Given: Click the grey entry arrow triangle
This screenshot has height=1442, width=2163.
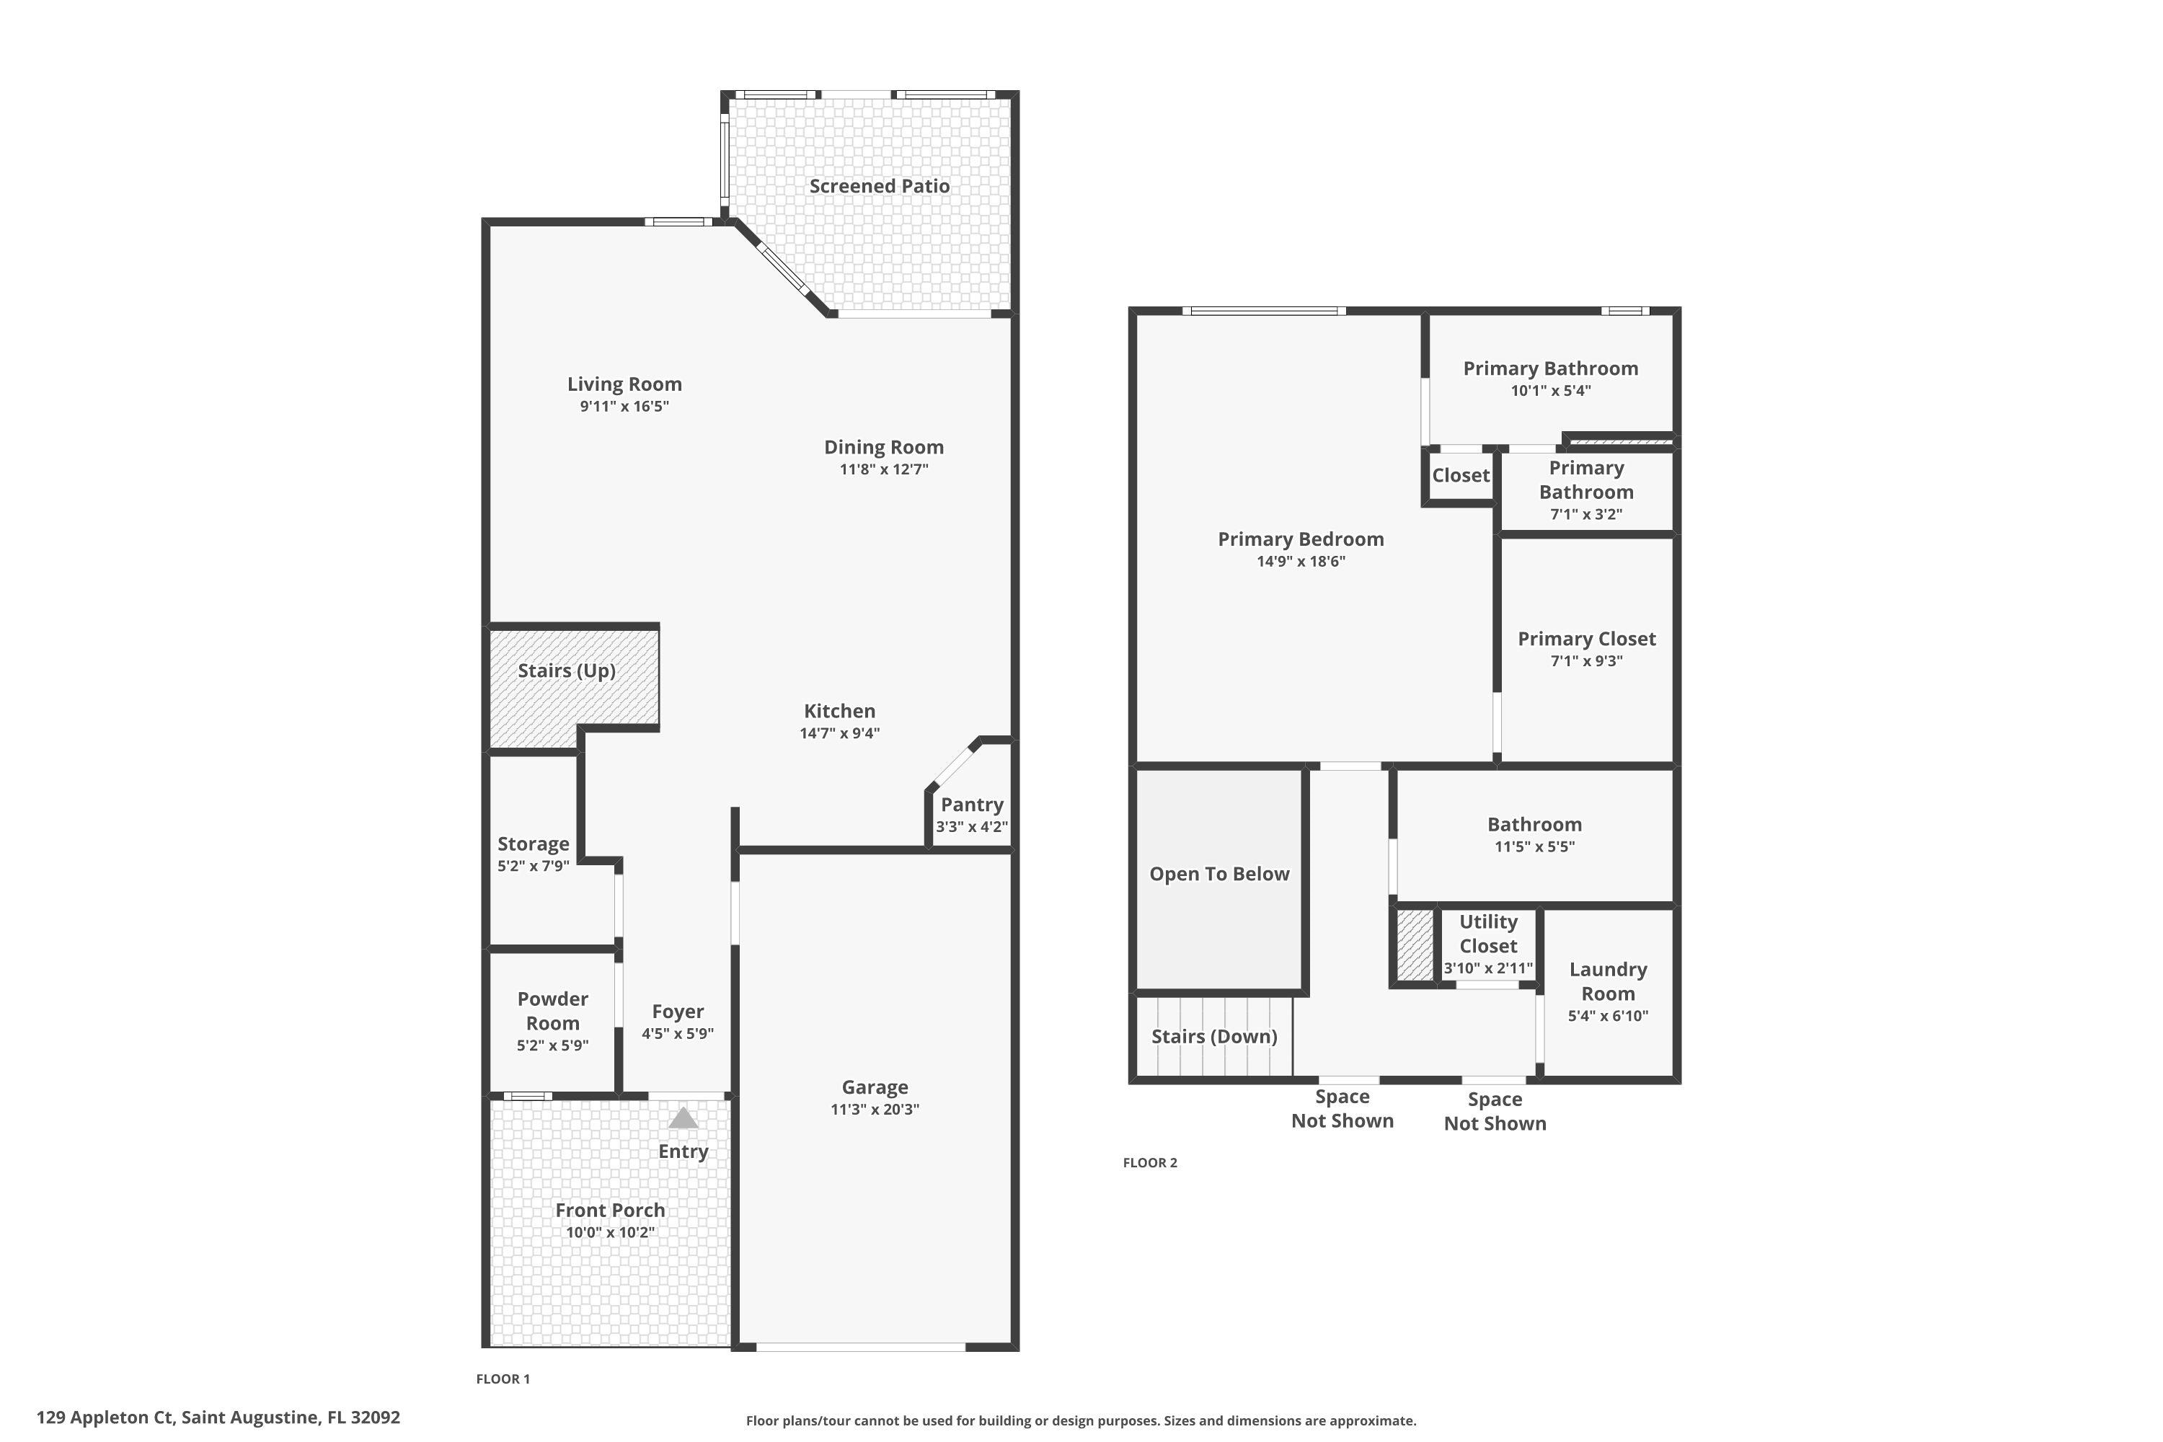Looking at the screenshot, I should point(682,1118).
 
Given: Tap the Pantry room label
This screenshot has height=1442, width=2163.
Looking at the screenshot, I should point(971,805).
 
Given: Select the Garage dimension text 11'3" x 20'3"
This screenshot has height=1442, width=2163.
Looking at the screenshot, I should point(875,1109).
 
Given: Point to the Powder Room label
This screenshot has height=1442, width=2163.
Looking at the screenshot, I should point(553,1011).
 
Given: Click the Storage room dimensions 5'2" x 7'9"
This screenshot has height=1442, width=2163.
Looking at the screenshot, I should point(534,865).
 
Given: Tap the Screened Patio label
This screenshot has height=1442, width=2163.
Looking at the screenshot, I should point(879,186).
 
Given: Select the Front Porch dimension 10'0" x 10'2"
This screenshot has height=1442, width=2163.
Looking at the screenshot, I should point(610,1232).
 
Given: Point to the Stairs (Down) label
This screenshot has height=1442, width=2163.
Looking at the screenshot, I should point(1214,1037).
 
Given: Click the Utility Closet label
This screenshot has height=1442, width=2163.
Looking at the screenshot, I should point(1488,934).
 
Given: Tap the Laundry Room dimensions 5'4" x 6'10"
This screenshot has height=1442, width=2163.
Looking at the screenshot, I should point(1608,1016).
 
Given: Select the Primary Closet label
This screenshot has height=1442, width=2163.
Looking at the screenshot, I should point(1586,638).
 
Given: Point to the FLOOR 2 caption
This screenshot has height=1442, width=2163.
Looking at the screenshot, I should point(1149,1162).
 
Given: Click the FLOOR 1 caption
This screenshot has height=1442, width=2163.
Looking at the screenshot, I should point(503,1379).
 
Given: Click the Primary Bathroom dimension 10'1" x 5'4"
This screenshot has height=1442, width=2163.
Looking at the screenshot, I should point(1551,390).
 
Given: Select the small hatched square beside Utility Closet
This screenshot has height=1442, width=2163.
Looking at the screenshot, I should point(1415,945).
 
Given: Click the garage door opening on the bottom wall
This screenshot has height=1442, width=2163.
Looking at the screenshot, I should point(860,1348).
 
